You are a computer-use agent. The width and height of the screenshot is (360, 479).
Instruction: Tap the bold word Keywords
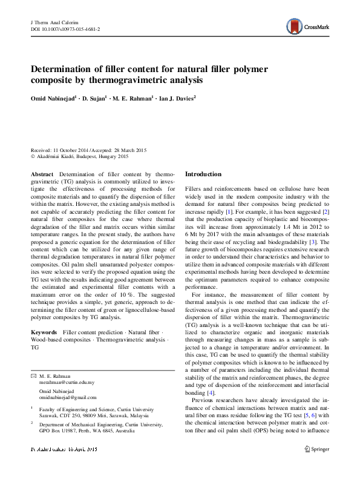pos(44,333)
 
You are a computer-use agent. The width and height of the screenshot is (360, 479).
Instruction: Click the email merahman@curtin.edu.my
pos(67,383)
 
